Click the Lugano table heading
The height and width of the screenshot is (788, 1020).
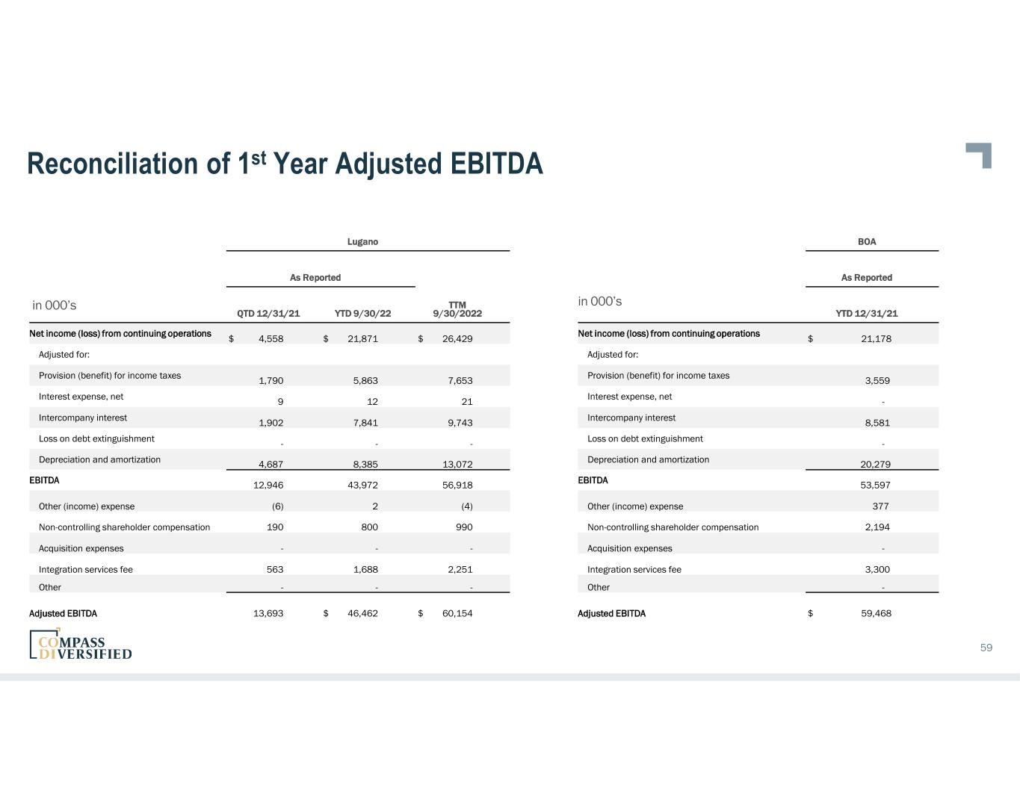(362, 242)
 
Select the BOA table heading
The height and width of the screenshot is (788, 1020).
(867, 242)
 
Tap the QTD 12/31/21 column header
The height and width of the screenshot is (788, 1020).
(268, 314)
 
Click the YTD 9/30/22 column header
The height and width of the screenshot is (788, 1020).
(362, 314)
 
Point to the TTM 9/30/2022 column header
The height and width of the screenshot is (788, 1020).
(457, 309)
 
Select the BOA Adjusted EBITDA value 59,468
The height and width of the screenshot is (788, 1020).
(876, 614)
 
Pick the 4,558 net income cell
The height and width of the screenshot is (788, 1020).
(271, 339)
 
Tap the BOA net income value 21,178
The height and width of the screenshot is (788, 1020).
(876, 339)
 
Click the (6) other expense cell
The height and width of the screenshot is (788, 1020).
(277, 506)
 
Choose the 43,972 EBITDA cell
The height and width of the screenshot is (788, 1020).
(363, 485)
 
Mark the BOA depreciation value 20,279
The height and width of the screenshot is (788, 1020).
(875, 465)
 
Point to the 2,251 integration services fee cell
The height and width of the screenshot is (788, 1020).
(457, 570)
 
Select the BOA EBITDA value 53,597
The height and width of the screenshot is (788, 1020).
(875, 485)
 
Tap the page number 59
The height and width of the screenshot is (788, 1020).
(986, 648)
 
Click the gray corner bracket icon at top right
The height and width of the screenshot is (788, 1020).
(980, 154)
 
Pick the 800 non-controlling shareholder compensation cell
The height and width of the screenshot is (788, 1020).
(369, 527)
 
